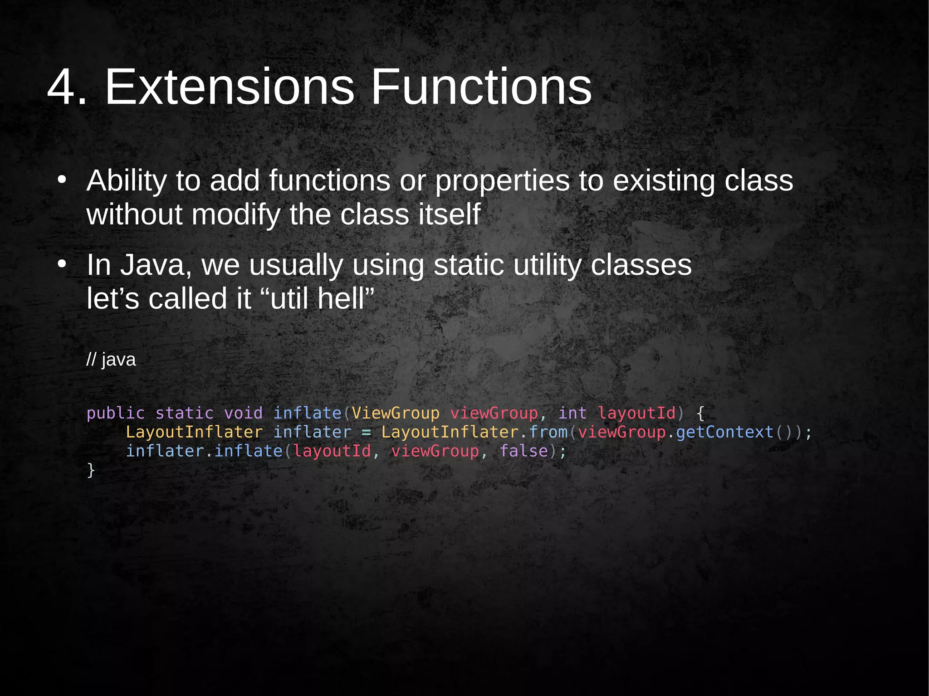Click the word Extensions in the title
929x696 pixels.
tap(229, 87)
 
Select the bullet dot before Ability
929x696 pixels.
tap(62, 180)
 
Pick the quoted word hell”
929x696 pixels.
tap(346, 298)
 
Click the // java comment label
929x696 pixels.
tap(111, 360)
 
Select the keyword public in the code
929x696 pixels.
tap(116, 413)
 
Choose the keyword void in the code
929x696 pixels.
tap(243, 413)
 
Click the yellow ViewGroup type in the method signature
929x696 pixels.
tap(396, 413)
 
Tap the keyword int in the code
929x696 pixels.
tap(572, 413)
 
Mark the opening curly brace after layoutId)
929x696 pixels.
tap(700, 413)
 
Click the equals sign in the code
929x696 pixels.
tap(366, 432)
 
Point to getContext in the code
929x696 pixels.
tap(724, 432)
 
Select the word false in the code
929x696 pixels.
tap(524, 451)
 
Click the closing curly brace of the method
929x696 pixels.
tap(91, 470)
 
